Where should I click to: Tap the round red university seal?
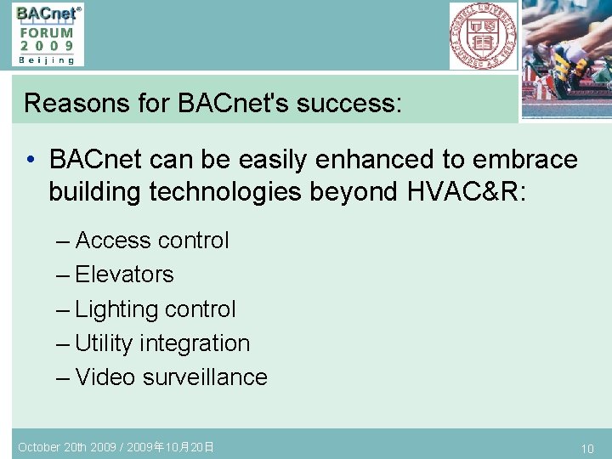(x=483, y=36)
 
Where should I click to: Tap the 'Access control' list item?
(x=151, y=241)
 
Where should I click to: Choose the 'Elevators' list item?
(x=124, y=275)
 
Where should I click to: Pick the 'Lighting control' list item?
(x=155, y=309)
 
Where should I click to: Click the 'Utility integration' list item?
(x=162, y=343)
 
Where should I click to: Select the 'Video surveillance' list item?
(x=171, y=377)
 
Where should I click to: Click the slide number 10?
(x=586, y=448)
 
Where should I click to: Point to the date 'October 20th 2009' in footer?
(x=64, y=446)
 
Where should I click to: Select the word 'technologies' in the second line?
(x=225, y=192)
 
